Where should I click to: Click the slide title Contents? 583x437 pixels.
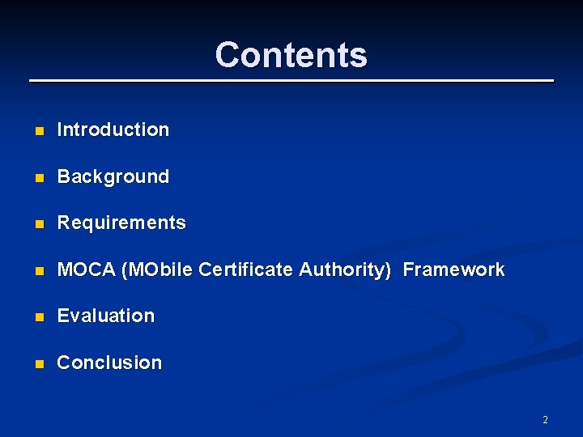tap(291, 55)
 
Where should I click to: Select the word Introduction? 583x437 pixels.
tap(113, 129)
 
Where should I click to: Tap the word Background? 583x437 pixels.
tap(113, 176)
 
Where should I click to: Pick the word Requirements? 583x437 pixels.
tap(121, 223)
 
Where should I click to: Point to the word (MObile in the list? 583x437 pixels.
tap(157, 269)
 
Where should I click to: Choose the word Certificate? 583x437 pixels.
tap(246, 269)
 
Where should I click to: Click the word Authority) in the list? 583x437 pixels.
tap(345, 269)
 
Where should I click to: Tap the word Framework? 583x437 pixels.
tap(453, 269)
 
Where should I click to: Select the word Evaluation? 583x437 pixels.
tap(106, 316)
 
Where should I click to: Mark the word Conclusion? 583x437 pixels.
tap(109, 363)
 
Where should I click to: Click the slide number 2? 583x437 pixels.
tap(545, 420)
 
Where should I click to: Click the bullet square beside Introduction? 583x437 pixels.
tap(38, 130)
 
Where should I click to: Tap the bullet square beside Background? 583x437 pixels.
tap(38, 177)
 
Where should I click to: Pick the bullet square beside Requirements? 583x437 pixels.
tap(38, 223)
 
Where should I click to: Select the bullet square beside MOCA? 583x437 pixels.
tap(38, 270)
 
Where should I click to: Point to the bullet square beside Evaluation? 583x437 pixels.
tap(38, 316)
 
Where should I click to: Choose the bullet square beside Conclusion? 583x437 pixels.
tap(38, 363)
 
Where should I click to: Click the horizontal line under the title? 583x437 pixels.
tap(291, 81)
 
